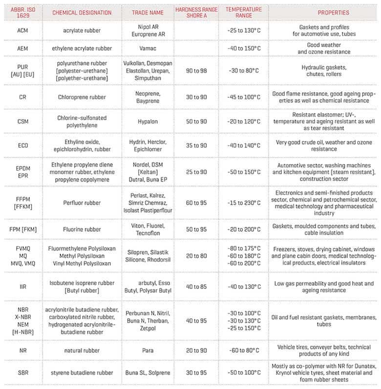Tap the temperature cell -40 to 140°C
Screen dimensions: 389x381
tap(244, 145)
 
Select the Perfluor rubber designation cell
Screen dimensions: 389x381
tap(83, 203)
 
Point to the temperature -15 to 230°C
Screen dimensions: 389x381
tap(244, 203)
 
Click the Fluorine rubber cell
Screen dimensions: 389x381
tap(83, 229)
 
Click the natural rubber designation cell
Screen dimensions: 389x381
tap(83, 350)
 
